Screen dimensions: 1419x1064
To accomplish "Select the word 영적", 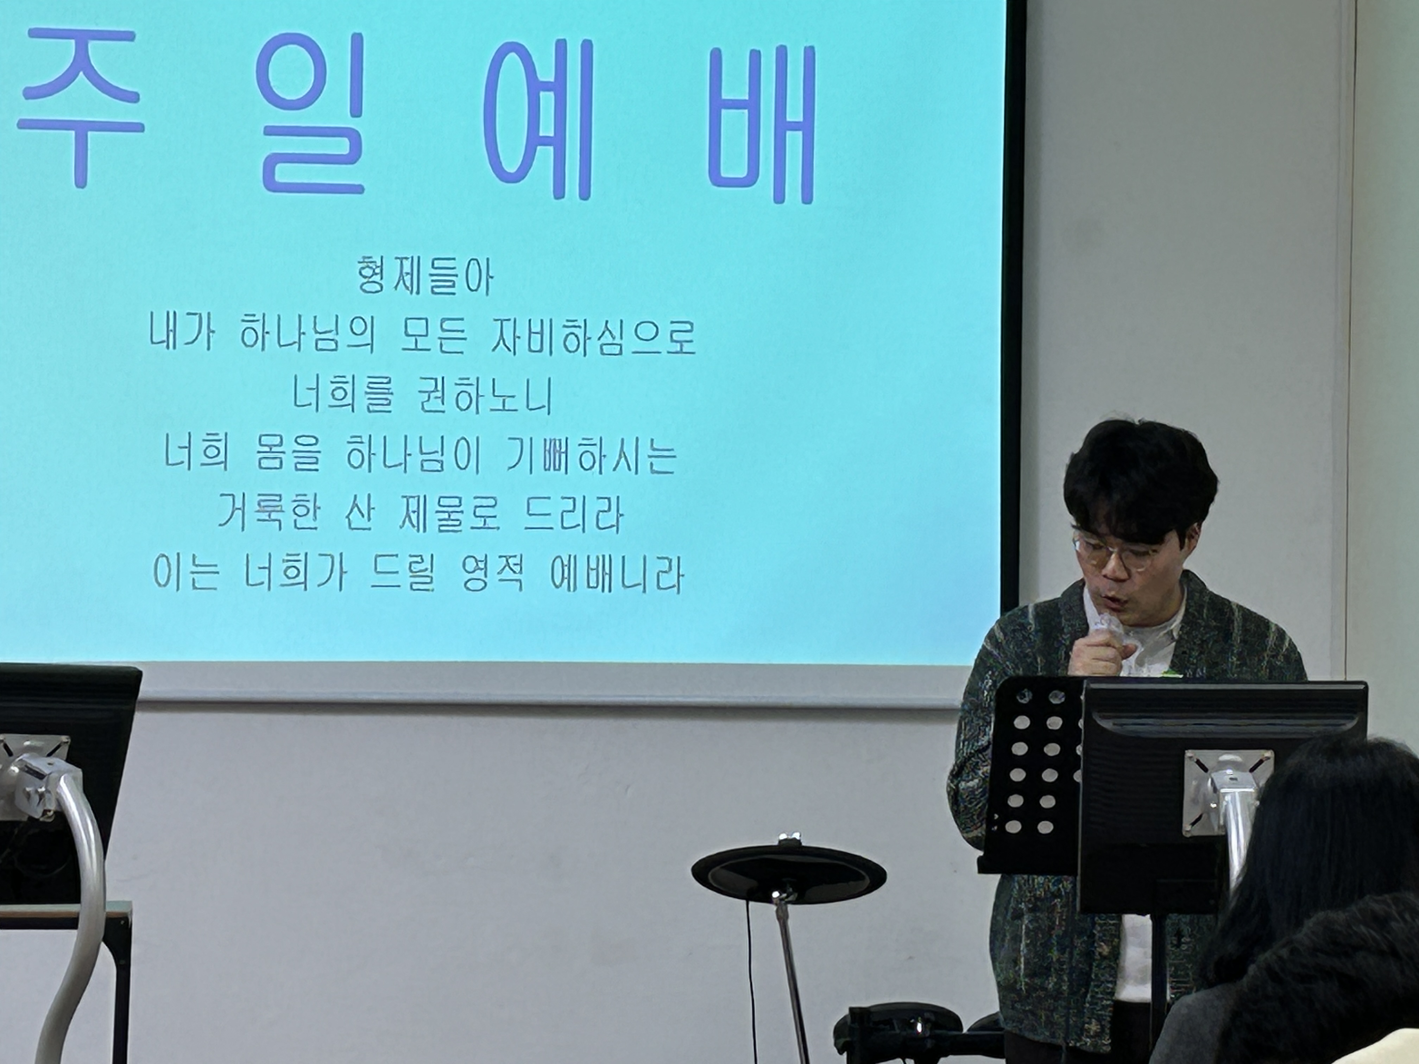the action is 493,574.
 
